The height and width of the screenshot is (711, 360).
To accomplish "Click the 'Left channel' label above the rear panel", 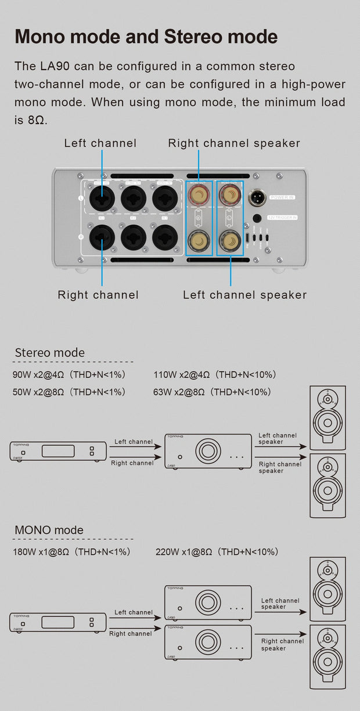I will coord(100,143).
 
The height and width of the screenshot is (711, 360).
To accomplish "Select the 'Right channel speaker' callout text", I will coord(234,143).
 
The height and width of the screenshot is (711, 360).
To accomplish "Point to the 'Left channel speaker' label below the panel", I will coord(244,295).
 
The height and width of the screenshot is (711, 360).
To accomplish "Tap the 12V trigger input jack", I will coord(258,218).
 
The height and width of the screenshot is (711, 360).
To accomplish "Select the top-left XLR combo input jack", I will coord(102,198).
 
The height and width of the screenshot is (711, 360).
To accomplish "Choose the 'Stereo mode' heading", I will coord(49,352).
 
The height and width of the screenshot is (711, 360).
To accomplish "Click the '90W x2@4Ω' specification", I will coord(35,374).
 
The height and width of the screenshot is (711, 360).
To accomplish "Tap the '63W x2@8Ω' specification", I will coord(179,392).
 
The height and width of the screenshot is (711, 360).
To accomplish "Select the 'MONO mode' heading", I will coord(49,530).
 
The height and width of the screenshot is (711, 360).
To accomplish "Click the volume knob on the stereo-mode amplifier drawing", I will coord(207,450).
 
